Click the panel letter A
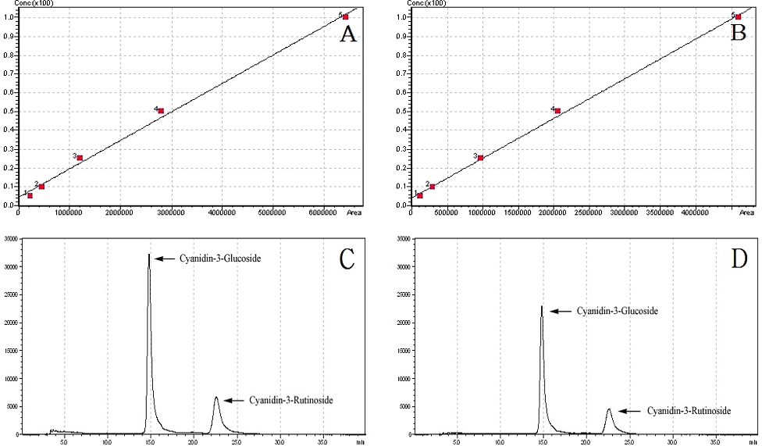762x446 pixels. (347, 35)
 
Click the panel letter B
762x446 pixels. (737, 35)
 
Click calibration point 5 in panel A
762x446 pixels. (346, 17)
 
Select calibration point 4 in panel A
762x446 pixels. (161, 111)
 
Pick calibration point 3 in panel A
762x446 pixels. (80, 158)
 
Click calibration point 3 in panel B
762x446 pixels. (481, 158)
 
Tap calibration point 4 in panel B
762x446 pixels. (557, 111)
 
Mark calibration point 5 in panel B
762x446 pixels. (738, 17)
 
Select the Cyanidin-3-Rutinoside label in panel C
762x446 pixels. (291, 401)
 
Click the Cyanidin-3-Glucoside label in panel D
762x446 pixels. (618, 311)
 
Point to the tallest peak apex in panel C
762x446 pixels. (149, 255)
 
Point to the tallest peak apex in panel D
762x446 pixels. (542, 307)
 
